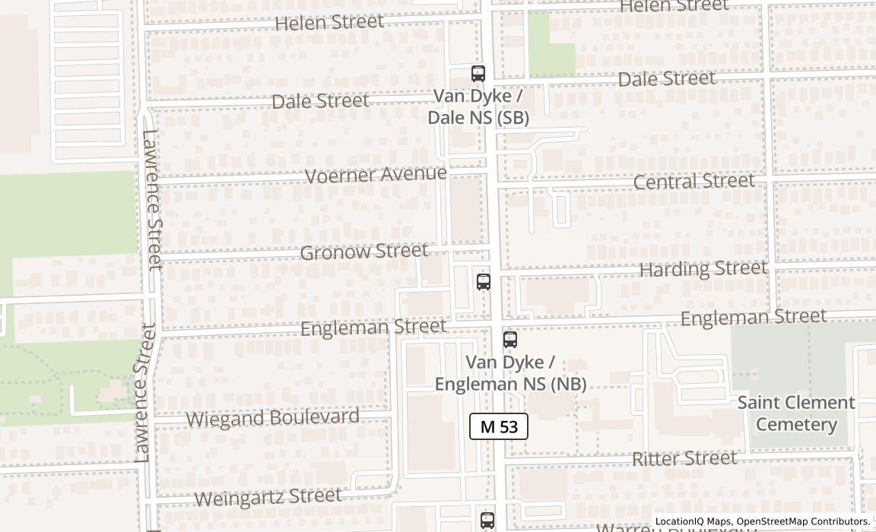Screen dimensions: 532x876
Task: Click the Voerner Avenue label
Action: (x=376, y=175)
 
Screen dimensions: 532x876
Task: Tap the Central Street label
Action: (x=693, y=182)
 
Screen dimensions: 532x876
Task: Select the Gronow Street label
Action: (x=363, y=252)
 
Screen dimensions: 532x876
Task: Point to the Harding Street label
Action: (x=703, y=269)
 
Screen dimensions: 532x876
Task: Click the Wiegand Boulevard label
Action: (x=272, y=418)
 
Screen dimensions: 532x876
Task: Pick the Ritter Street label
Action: (x=684, y=458)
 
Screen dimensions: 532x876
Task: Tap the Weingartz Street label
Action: (x=268, y=497)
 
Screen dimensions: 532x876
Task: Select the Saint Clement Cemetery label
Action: (x=795, y=413)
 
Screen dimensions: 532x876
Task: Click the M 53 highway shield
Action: (x=499, y=426)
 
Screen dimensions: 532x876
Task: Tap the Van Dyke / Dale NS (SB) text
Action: (x=478, y=107)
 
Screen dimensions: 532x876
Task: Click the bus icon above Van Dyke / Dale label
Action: (x=478, y=74)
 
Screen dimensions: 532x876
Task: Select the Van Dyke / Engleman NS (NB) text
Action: (x=510, y=373)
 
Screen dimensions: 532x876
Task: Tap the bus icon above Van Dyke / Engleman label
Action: (x=510, y=340)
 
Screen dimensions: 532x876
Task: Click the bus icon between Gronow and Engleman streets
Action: (x=483, y=282)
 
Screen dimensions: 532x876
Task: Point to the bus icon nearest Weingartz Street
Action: (x=487, y=521)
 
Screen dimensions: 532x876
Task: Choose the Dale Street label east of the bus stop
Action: (x=666, y=79)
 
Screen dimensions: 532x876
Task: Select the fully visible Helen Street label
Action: (x=329, y=23)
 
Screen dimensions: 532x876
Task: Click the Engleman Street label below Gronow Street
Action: (x=373, y=328)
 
